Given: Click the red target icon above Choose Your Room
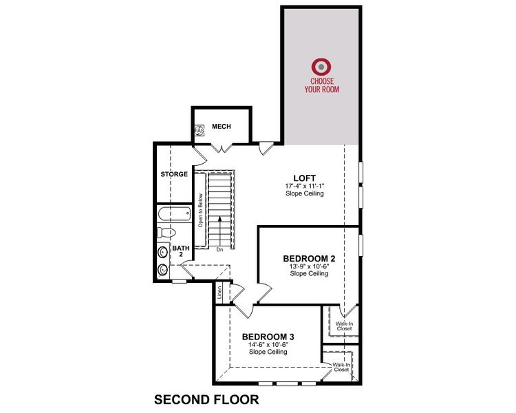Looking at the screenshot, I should coord(320,67).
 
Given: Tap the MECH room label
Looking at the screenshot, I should coord(221,127).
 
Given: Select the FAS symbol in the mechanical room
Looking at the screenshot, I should coord(200,129).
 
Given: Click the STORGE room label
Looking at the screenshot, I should coord(174,175).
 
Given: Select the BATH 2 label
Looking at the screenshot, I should coord(180,251).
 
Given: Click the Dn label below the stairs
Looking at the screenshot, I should coord(219,250).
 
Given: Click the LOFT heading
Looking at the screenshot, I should coord(304,178).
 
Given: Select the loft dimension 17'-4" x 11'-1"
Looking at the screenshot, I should coord(304,186).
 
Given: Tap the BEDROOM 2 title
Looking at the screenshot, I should coord(308,259).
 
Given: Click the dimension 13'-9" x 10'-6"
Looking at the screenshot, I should coord(308,266).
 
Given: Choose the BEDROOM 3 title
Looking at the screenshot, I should coord(268,337).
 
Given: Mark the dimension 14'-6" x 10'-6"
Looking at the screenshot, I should coord(268,344).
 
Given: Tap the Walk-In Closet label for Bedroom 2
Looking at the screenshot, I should coord(344,326).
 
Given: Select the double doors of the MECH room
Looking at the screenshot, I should coord(221,148).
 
